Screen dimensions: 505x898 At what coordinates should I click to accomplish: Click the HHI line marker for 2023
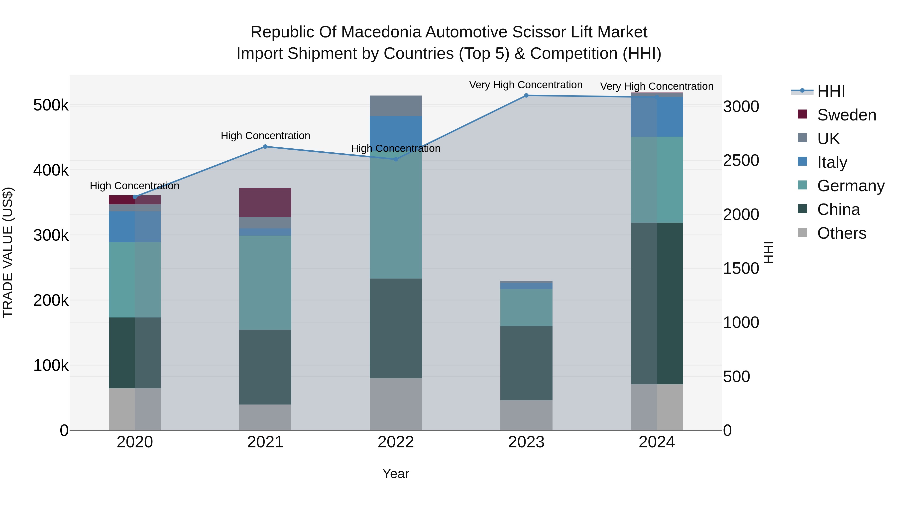pyautogui.click(x=526, y=96)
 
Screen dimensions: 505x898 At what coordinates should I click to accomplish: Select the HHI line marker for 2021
pyautogui.click(x=265, y=147)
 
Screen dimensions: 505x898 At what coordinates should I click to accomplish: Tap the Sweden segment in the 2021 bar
pyautogui.click(x=265, y=202)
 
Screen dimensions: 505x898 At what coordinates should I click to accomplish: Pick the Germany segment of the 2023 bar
pyautogui.click(x=526, y=307)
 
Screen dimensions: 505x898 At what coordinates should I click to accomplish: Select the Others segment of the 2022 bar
pyautogui.click(x=396, y=404)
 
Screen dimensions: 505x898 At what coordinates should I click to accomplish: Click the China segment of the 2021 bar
pyautogui.click(x=265, y=367)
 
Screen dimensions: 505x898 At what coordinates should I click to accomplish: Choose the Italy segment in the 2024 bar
pyautogui.click(x=657, y=117)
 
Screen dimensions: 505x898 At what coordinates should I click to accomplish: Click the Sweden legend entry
pyautogui.click(x=846, y=115)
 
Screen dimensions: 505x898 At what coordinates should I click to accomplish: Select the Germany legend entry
pyautogui.click(x=850, y=186)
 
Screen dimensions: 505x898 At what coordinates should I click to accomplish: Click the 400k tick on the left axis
pyautogui.click(x=51, y=170)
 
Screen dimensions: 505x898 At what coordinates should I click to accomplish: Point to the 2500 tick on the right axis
pyautogui.click(x=741, y=160)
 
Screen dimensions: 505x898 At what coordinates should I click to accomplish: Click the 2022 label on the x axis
pyautogui.click(x=396, y=442)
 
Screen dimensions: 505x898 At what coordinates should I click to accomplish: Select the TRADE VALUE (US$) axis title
pyautogui.click(x=8, y=252)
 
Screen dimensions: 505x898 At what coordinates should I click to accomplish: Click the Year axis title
pyautogui.click(x=396, y=474)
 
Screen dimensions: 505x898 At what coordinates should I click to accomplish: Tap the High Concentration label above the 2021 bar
pyautogui.click(x=265, y=136)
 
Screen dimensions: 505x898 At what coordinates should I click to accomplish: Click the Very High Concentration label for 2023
pyautogui.click(x=526, y=85)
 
